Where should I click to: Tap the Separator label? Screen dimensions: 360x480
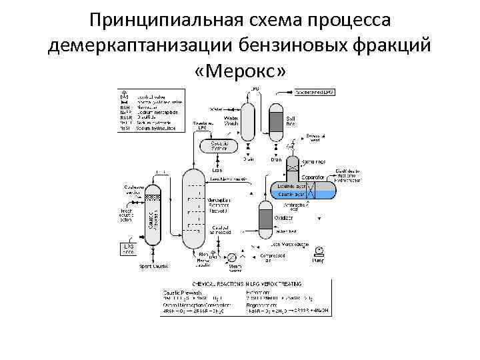coord(313,177)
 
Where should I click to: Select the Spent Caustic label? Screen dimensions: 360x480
coord(153,267)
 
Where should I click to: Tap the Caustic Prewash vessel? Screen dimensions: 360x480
coord(153,217)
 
